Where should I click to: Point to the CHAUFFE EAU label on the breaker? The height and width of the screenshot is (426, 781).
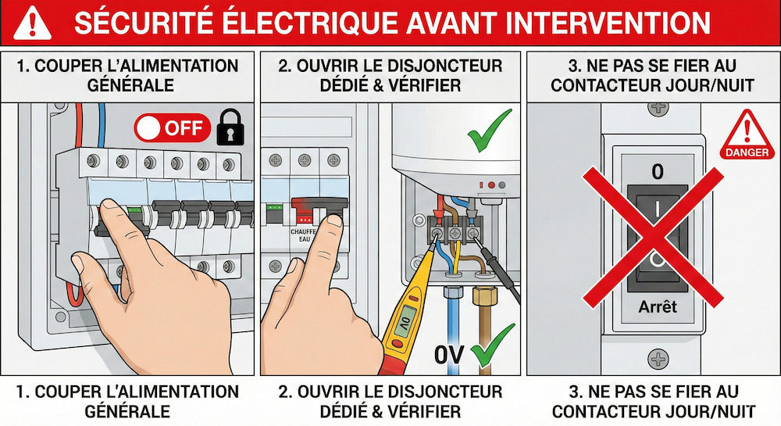tap(303, 236)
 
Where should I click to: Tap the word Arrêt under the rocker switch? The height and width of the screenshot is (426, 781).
tap(657, 307)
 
